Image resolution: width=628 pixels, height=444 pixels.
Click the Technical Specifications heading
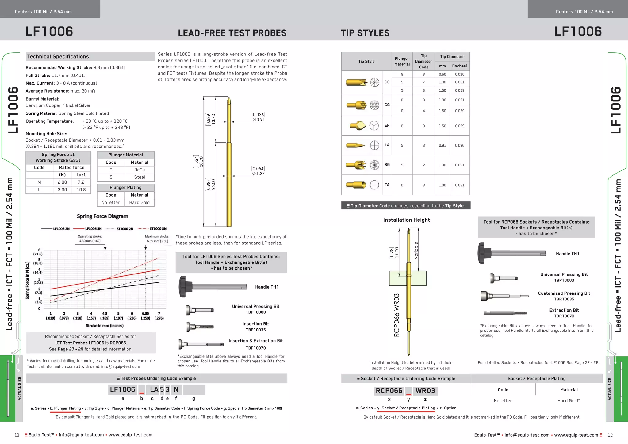pyautogui.click(x=58, y=57)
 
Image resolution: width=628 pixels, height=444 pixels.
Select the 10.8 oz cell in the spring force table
pyautogui.click(x=81, y=190)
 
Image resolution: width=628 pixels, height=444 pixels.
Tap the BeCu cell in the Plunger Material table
pyautogui.click(x=140, y=170)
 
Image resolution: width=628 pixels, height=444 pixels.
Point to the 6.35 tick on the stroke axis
pyautogui.click(x=145, y=314)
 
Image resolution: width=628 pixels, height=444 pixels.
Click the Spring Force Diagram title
pyautogui.click(x=102, y=216)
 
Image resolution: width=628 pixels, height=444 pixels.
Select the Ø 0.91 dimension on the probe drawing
pyautogui.click(x=258, y=120)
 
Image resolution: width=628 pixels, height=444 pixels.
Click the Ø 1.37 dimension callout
pyautogui.click(x=258, y=174)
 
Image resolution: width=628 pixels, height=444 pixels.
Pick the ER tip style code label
pyautogui.click(x=387, y=126)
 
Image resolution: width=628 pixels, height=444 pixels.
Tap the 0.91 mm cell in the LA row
pyautogui.click(x=442, y=146)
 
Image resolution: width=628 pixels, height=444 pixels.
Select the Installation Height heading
pyautogui.click(x=406, y=220)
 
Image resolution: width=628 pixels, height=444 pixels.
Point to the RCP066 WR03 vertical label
pyautogui.click(x=396, y=315)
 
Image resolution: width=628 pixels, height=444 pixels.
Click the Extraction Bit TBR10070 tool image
pyautogui.click(x=505, y=313)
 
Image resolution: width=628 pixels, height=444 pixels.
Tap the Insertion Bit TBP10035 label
pyautogui.click(x=255, y=327)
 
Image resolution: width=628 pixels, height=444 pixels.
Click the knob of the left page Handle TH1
pyautogui.click(x=183, y=287)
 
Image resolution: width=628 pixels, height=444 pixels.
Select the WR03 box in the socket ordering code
pyautogui.click(x=425, y=391)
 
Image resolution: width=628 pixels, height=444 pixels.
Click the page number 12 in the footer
pyautogui.click(x=610, y=435)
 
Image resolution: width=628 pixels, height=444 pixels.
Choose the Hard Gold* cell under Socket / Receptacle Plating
pyautogui.click(x=569, y=401)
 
